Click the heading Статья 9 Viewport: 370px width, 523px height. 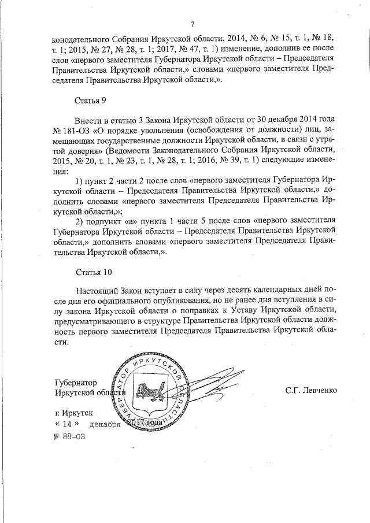pos(91,101)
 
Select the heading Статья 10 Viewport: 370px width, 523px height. pos(93,272)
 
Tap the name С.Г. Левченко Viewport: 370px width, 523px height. pos(310,390)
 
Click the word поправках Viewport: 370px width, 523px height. pos(208,311)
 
